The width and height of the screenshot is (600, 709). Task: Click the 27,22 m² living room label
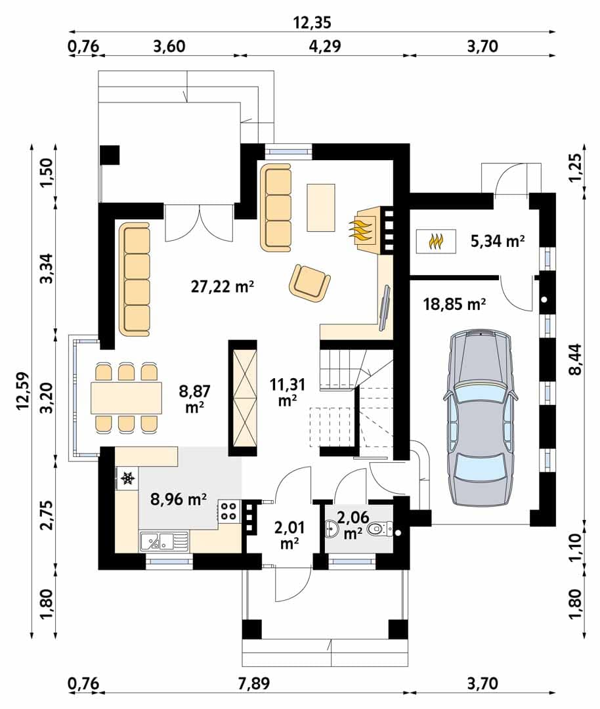pos(222,286)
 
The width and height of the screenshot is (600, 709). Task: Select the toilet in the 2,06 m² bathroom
pos(379,528)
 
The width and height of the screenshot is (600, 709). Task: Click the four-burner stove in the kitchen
pos(229,511)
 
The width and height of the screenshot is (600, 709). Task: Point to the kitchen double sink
pos(164,541)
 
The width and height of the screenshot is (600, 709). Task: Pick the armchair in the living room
pos(310,282)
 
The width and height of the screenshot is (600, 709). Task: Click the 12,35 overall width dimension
pos(312,22)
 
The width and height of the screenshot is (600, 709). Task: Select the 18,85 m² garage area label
pos(454,304)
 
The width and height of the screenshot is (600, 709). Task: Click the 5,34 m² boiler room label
pos(498,241)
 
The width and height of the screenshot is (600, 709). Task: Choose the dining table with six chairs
pos(126,397)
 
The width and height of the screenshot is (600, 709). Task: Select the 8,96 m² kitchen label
pos(179,499)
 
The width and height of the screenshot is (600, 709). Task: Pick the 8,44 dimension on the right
pos(576,360)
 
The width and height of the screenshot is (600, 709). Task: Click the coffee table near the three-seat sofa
pos(321,207)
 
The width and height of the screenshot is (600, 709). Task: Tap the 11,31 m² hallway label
pos(287,391)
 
